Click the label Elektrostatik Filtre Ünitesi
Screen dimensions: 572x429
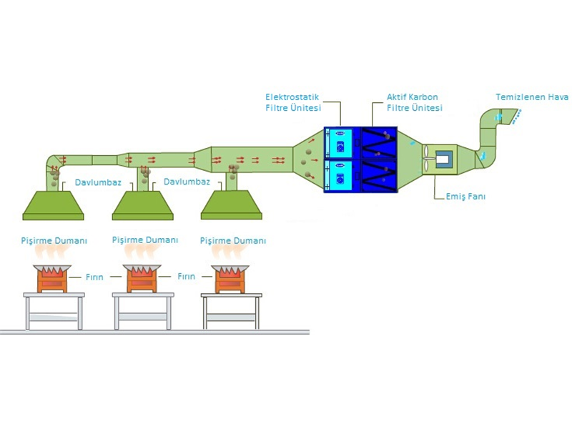(x=293, y=102)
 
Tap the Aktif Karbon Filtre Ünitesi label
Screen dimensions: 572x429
(x=415, y=102)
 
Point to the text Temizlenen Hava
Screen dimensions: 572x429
(x=532, y=97)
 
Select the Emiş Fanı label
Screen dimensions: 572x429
(x=465, y=197)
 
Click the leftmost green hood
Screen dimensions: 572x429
(x=53, y=205)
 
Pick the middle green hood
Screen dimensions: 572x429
(x=142, y=205)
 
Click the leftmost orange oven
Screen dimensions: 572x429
(x=52, y=278)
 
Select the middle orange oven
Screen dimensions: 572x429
(x=142, y=278)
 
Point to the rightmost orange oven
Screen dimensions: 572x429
(x=230, y=279)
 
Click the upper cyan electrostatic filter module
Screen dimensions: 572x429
(x=338, y=143)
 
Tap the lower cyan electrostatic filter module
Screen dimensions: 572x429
(x=338, y=175)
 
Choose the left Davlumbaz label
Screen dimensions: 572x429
(x=98, y=182)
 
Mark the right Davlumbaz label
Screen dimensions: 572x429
(x=187, y=182)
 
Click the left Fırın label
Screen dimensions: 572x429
(x=94, y=277)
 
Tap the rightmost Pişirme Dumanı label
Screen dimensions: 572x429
(x=233, y=241)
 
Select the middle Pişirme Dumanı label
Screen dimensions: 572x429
(x=145, y=240)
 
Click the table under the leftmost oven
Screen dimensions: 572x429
(x=54, y=311)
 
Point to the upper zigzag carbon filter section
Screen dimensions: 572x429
(x=379, y=143)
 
